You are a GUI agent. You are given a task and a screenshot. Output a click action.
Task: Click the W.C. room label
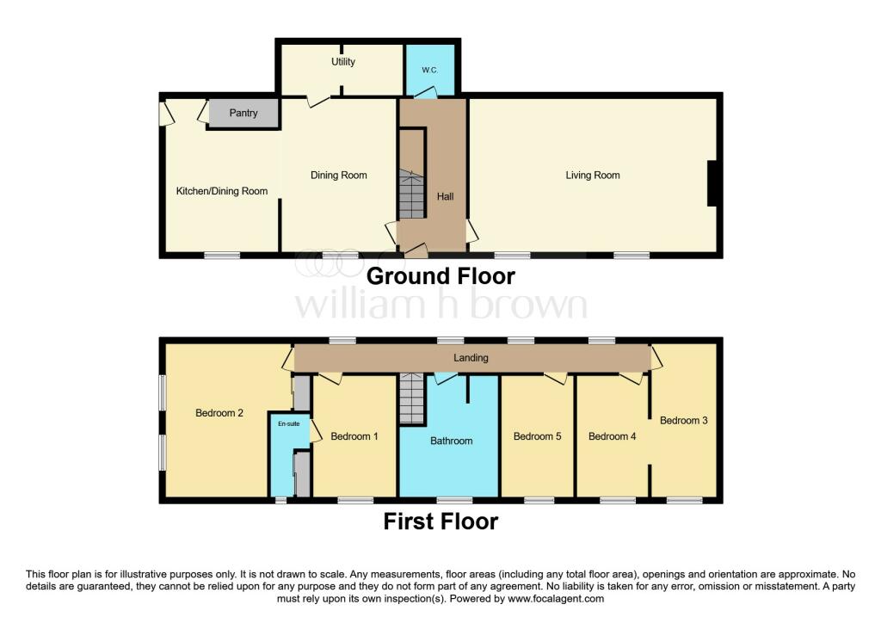coord(431,70)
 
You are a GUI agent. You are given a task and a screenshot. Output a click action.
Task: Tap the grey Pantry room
coord(243,113)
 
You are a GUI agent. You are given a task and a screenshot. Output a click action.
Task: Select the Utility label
coord(343,62)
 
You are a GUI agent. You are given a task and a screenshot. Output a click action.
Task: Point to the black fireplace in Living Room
coord(712,184)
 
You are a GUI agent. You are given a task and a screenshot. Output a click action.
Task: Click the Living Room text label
coord(592,176)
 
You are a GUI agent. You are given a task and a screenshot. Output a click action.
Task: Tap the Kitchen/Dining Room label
coord(222,191)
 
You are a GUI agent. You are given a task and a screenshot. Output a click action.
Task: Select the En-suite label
coord(288,424)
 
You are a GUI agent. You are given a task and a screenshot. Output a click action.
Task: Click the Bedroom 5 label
coord(537,436)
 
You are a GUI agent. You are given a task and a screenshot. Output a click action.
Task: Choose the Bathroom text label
coord(452,441)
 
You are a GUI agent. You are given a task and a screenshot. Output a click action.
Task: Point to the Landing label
coord(471,358)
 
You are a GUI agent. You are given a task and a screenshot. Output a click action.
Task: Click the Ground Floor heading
coord(440,276)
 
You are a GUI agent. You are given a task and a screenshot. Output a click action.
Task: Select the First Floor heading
coord(440,521)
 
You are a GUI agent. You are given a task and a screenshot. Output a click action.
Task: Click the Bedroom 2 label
coord(219,413)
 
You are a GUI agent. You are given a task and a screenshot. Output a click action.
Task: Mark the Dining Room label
coord(339,176)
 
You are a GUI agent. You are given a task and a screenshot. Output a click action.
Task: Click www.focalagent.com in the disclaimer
coord(556,599)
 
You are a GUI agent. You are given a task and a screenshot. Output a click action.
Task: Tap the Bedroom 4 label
coord(613,436)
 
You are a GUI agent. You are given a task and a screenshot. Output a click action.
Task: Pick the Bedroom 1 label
coord(354,436)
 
